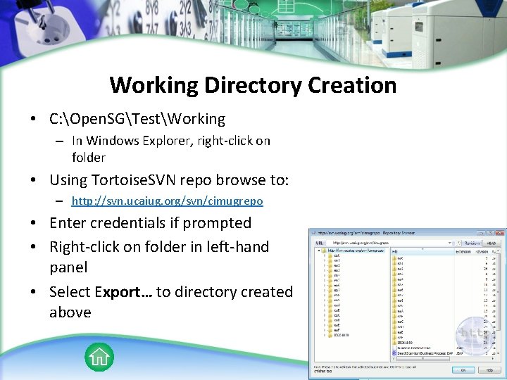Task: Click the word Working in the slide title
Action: (154, 86)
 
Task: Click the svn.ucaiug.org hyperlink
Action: (168, 201)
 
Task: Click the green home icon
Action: (99, 357)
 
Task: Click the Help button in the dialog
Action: (488, 369)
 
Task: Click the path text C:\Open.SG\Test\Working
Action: (137, 119)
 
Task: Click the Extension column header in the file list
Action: (463, 250)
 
